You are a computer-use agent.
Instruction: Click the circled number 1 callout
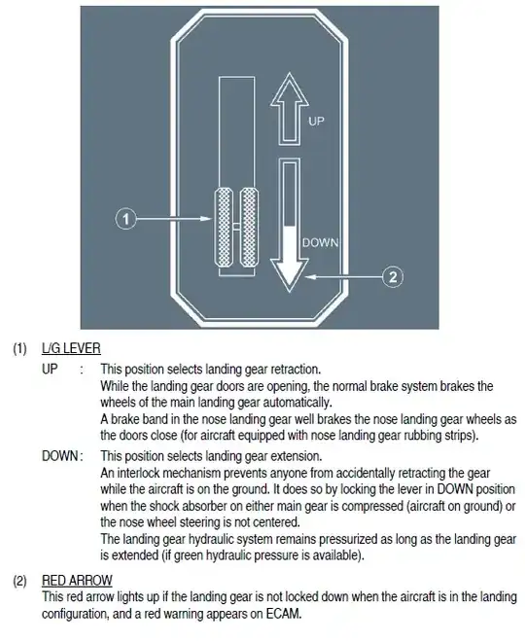pos(125,219)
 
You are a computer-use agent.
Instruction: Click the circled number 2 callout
pos(393,277)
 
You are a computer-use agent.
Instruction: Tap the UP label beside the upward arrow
pos(316,121)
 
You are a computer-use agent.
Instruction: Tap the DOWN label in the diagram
pos(320,242)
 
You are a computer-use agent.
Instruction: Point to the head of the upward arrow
pos(290,89)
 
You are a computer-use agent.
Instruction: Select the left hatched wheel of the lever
pos(224,228)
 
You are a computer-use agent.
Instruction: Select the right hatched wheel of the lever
pos(249,228)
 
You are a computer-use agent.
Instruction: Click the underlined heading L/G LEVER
pos(71,348)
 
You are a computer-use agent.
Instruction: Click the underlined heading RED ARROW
pos(77,580)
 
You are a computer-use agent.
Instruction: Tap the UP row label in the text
pos(50,369)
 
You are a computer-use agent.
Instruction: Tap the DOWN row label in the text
pos(59,456)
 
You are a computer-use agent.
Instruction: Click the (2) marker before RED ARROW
pos(20,581)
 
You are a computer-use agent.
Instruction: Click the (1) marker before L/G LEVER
pos(20,348)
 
